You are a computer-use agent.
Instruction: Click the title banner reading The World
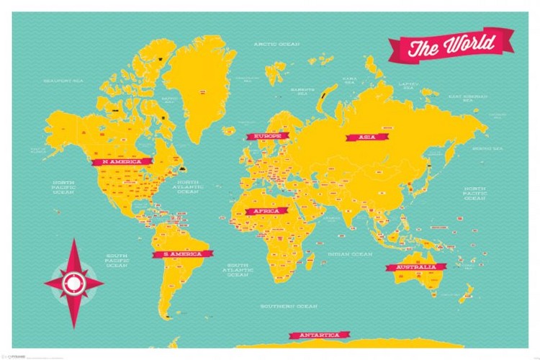click(452, 46)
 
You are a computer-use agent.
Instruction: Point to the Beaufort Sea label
click(63, 81)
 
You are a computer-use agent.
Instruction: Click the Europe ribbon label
click(267, 135)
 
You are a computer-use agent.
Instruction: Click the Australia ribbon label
click(412, 267)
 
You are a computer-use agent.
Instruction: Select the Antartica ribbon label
click(319, 336)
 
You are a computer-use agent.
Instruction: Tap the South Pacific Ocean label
click(117, 261)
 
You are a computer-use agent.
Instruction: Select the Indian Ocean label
click(350, 254)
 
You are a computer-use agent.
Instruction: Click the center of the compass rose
click(73, 282)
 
